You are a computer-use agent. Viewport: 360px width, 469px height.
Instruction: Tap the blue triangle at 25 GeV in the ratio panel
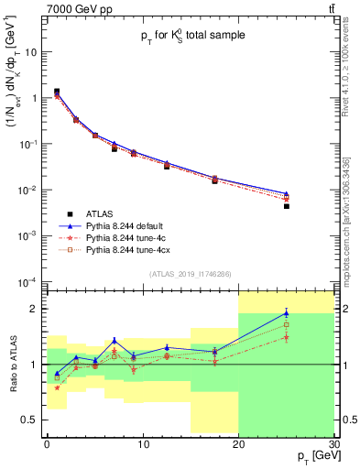pos(286,313)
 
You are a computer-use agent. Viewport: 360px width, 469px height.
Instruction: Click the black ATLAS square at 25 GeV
pos(286,206)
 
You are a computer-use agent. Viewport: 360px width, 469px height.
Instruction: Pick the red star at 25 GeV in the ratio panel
pos(286,337)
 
